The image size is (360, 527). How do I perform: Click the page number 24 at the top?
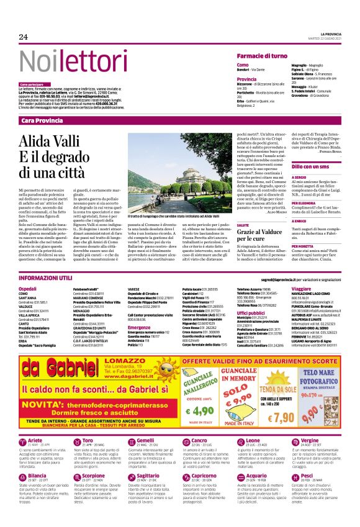(24, 37)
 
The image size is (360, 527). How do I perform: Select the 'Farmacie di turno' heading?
(261, 56)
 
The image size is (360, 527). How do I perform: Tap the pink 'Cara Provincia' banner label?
(42, 120)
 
